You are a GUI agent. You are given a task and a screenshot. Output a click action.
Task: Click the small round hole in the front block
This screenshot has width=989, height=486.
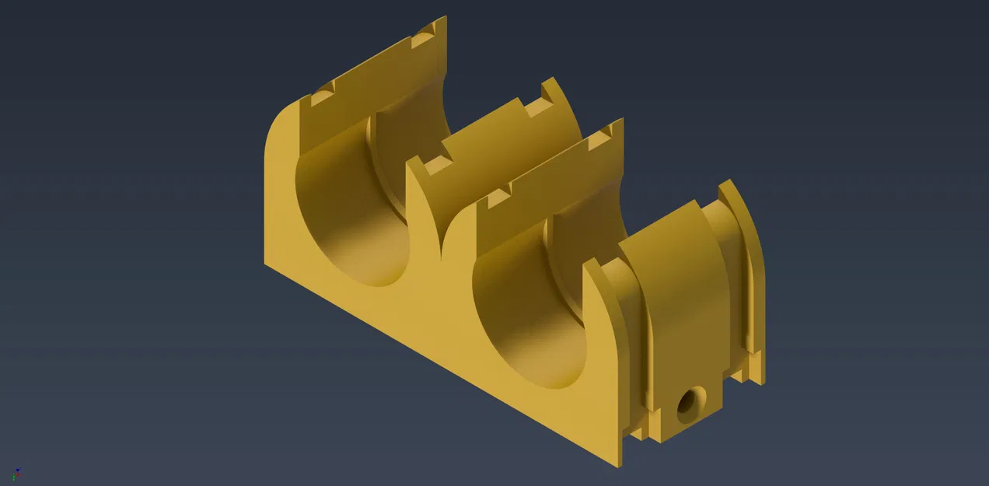688,404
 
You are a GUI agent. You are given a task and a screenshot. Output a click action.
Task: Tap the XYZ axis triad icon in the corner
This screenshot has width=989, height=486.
16,474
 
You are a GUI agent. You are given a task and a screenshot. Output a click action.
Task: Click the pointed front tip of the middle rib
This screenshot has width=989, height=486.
411,161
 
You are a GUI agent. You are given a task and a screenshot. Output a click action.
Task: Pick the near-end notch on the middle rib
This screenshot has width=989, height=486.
438,166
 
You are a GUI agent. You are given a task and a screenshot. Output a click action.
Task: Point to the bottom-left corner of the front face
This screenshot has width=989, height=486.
266,263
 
